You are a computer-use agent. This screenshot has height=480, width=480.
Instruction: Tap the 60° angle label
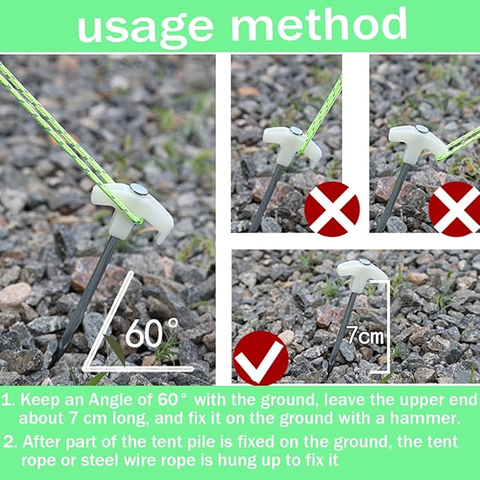152,332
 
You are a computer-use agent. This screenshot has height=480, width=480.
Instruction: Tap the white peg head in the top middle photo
290,141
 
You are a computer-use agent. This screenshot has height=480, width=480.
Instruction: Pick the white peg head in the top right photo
417,140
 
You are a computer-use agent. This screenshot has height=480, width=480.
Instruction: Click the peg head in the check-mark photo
361,271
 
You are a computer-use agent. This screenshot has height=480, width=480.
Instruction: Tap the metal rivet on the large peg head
139,189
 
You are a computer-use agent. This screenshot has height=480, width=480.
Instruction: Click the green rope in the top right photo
463,141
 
